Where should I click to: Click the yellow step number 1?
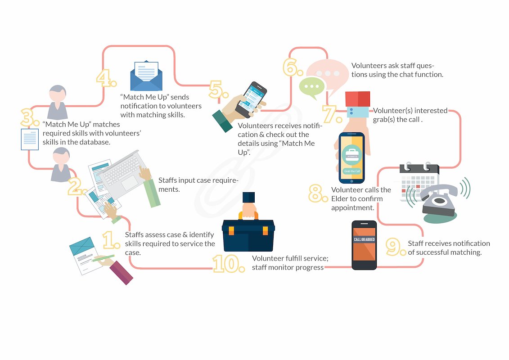point(110,241)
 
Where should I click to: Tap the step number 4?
point(106,79)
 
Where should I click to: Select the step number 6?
point(293,67)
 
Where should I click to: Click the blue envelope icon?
point(146,76)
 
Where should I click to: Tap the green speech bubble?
point(312,87)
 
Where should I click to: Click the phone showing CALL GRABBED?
point(364,245)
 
